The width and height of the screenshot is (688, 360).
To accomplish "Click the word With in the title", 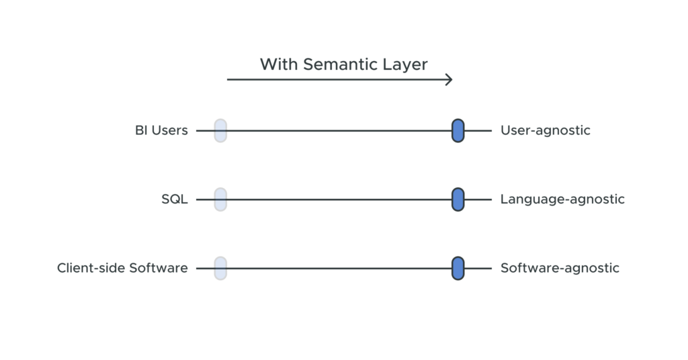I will point(279,64).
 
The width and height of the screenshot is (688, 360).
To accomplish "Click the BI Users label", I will point(161,130).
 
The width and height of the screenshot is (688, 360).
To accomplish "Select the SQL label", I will point(175,199).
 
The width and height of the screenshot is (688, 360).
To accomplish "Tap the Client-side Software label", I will point(122,268).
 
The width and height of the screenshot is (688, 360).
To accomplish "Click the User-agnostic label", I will point(545,130).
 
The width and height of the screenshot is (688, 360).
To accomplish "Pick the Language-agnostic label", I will point(562,199).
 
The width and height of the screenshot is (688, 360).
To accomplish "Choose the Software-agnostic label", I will point(560,268).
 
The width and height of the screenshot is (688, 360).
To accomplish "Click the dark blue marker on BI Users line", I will point(458,130).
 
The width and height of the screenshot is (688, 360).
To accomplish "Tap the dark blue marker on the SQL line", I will point(458,199).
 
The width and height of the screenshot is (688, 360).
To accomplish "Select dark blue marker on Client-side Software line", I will point(458,268).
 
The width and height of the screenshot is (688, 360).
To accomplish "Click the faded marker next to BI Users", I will point(220,130).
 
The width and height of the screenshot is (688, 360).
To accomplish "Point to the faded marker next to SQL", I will point(220,199).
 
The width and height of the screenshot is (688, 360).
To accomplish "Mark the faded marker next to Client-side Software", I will point(220,268).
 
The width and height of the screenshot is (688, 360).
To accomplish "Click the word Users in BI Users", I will point(169,130).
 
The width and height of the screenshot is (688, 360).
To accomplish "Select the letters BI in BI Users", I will point(141,130).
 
